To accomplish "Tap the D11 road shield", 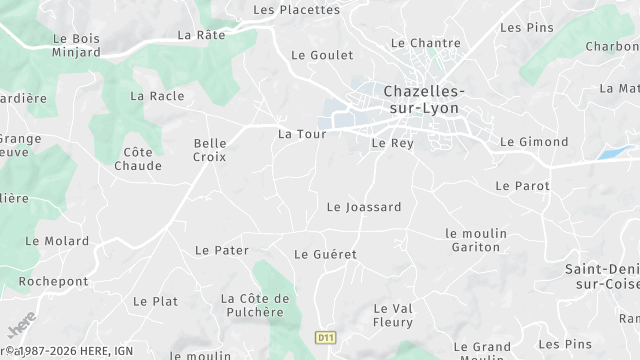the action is [324, 338].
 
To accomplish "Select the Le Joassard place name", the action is [364, 207].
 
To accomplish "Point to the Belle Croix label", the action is [210, 150].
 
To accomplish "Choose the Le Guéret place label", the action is [325, 254].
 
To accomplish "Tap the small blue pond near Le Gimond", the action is [613, 153].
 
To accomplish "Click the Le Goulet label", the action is [316, 56].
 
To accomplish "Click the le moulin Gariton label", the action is [476, 240].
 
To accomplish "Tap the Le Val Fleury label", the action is [393, 315].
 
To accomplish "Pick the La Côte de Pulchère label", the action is [255, 305].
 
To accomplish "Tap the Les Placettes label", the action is [296, 10].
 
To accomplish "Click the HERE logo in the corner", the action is [21, 326].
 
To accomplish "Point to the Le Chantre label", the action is [425, 43].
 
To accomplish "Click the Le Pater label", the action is [221, 250].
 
